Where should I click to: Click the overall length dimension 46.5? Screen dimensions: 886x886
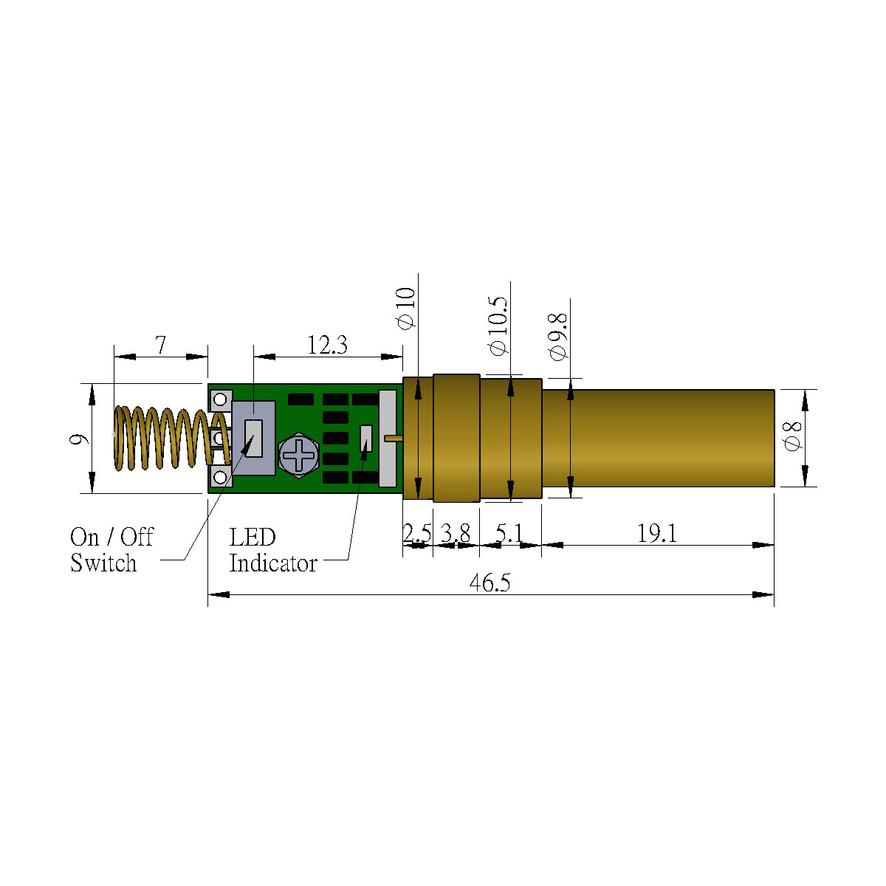(x=490, y=583)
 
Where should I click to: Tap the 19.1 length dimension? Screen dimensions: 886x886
(x=657, y=534)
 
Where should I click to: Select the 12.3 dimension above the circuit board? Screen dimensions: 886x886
(x=327, y=345)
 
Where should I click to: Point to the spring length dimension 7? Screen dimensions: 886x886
(x=160, y=345)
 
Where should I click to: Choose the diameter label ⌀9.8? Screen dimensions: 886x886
(x=558, y=336)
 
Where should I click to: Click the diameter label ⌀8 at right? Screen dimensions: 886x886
(x=792, y=436)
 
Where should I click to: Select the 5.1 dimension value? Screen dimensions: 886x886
(x=509, y=534)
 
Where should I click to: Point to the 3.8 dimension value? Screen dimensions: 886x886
(x=456, y=534)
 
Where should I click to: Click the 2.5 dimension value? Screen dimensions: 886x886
(x=417, y=534)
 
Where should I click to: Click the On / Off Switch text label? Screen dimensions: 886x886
(x=111, y=550)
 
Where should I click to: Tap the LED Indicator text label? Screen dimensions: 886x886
(x=272, y=550)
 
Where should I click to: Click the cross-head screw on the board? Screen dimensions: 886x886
(x=299, y=454)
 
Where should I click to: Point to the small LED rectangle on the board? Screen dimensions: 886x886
(x=365, y=438)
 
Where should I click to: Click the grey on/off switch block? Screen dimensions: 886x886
(x=254, y=439)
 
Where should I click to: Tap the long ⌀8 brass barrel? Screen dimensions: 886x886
(x=657, y=438)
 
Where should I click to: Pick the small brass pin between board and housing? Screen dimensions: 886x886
(x=393, y=438)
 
